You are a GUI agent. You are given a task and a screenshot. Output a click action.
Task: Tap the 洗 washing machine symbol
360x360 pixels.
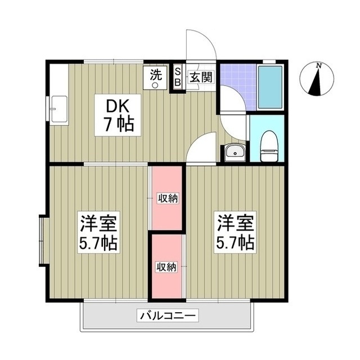(156, 77)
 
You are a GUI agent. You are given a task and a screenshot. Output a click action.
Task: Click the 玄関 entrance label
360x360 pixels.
(200, 77)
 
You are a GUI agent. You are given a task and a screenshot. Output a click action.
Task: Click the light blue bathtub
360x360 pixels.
(270, 87)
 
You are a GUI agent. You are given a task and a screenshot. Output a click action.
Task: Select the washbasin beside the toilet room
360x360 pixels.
(232, 152)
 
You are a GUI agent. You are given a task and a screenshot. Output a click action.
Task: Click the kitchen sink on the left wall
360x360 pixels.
(58, 108)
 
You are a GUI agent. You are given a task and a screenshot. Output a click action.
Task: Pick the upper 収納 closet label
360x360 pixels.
(168, 197)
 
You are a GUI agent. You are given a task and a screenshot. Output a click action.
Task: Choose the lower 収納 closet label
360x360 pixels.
(166, 266)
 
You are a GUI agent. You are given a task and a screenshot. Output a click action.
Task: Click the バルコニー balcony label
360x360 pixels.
(168, 316)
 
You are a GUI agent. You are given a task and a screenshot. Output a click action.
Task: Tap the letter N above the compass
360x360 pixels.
(319, 66)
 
